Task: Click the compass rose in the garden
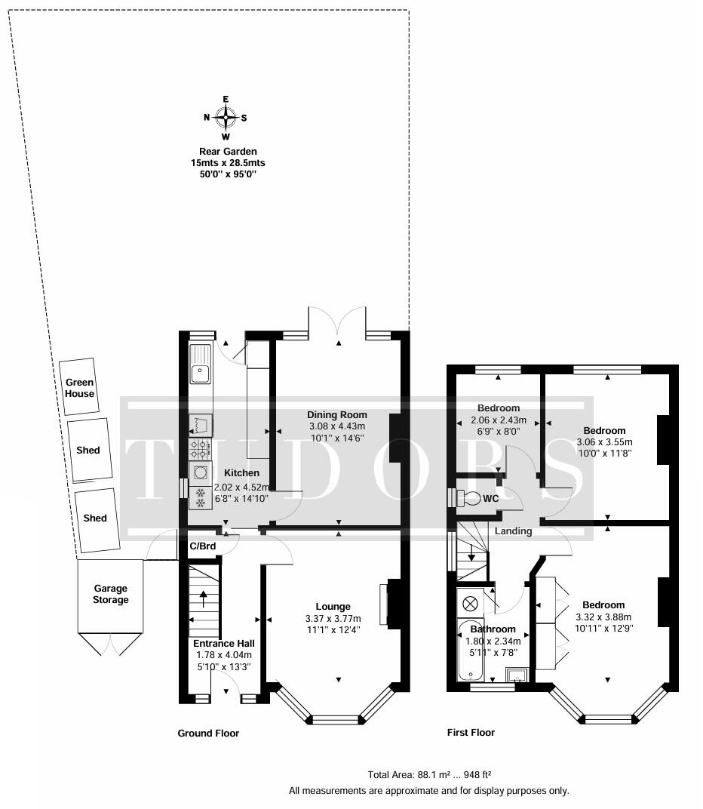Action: click(x=226, y=118)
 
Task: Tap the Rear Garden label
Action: click(x=228, y=152)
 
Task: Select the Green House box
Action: click(x=79, y=388)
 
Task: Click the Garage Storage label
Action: click(x=111, y=594)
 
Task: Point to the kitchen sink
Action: click(x=201, y=370)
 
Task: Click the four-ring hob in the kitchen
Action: click(x=200, y=450)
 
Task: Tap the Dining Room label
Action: click(x=336, y=414)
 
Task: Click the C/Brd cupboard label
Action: click(x=202, y=546)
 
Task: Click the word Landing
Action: click(x=513, y=531)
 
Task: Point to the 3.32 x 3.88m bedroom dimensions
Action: click(x=603, y=617)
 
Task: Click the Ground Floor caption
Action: click(x=208, y=733)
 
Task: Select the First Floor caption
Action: click(x=471, y=732)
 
